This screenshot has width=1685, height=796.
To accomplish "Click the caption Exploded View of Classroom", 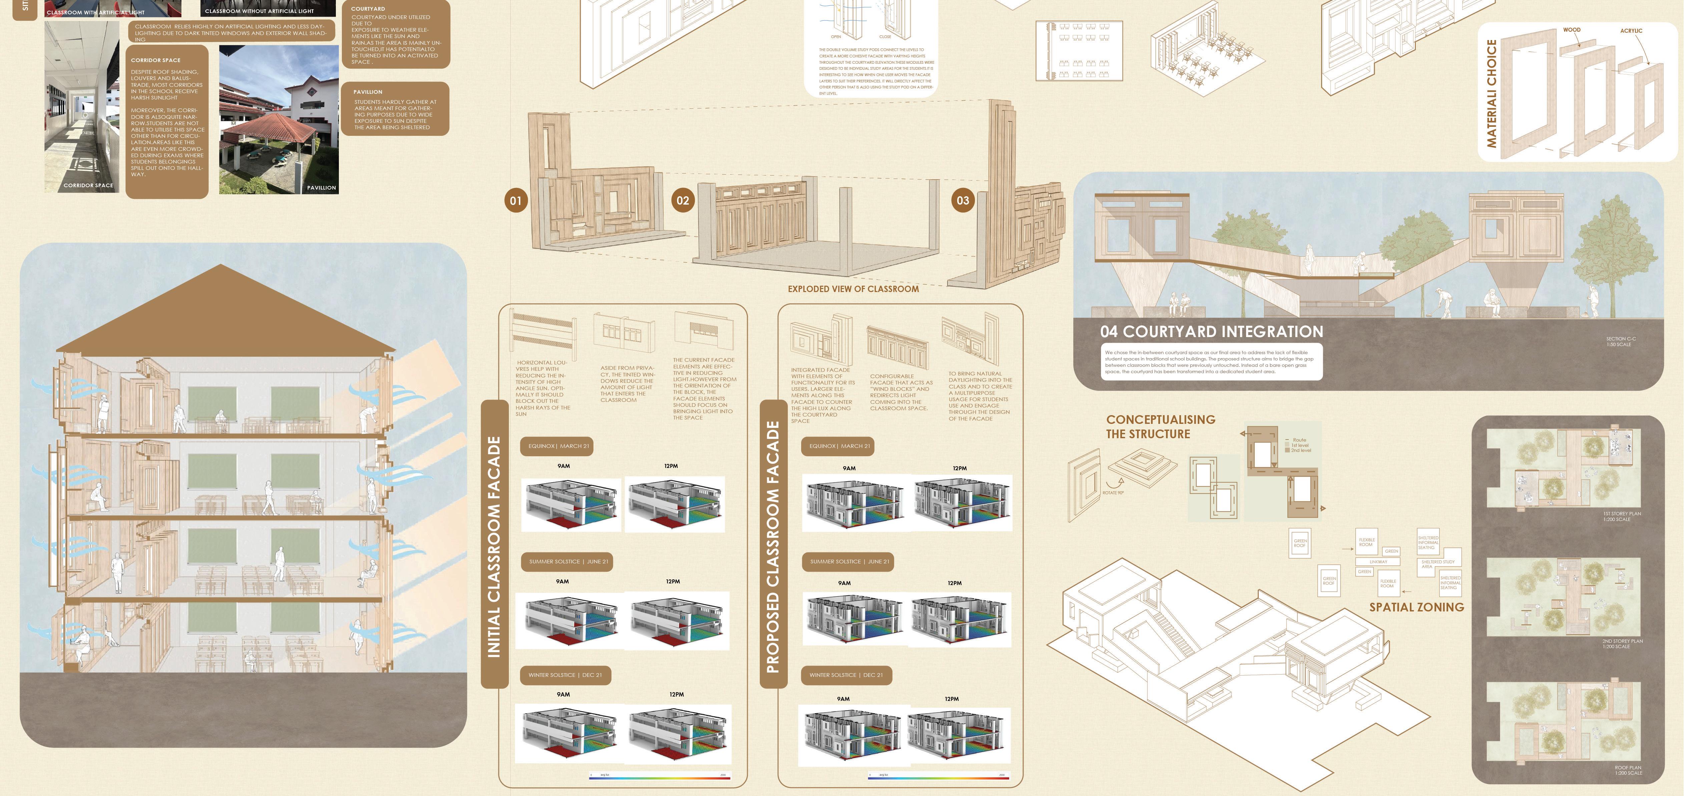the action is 853,289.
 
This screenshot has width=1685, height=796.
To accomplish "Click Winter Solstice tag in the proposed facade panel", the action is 846,675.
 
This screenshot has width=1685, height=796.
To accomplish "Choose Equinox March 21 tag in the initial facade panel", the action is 558,446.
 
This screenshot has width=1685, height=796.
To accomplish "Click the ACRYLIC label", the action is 1631,31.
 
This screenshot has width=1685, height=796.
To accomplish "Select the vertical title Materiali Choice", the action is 1491,93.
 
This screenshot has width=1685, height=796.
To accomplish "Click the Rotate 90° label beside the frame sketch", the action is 1113,492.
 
